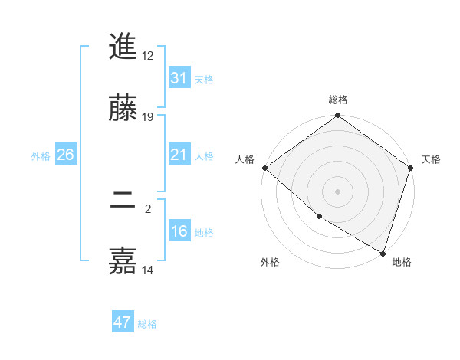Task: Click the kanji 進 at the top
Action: pyautogui.click(x=123, y=47)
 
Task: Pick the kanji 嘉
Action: pyautogui.click(x=123, y=260)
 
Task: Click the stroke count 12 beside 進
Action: pyautogui.click(x=148, y=55)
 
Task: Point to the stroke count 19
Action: pyautogui.click(x=148, y=116)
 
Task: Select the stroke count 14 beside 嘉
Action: pyautogui.click(x=148, y=270)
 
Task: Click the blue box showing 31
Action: pyautogui.click(x=179, y=78)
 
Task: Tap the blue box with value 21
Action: pyautogui.click(x=179, y=155)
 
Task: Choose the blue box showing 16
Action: pyautogui.click(x=179, y=231)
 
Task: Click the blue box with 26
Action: pyautogui.click(x=65, y=155)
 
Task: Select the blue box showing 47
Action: pyautogui.click(x=123, y=322)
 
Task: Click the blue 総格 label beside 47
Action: pyautogui.click(x=147, y=324)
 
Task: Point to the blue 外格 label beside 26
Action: pyautogui.click(x=41, y=155)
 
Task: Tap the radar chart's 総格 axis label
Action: pyautogui.click(x=338, y=100)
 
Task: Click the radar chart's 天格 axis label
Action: pyautogui.click(x=432, y=159)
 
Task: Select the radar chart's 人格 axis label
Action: pyautogui.click(x=245, y=159)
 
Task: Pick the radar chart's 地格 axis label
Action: pyautogui.click(x=402, y=262)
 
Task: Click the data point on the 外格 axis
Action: pyautogui.click(x=319, y=216)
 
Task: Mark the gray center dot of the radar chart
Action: pyautogui.click(x=338, y=191)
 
